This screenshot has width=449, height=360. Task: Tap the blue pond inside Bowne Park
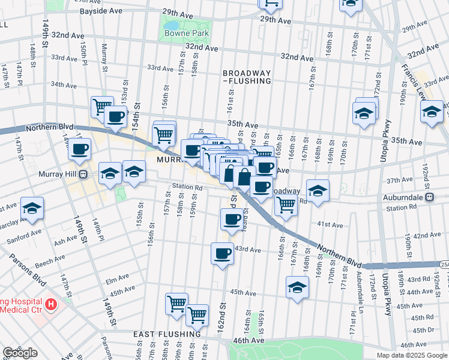tap(172, 26)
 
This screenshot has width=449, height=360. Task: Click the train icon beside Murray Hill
tap(85, 175)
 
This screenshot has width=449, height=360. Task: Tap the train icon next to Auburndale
tap(429, 197)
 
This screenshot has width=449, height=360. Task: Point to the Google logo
tap(20, 353)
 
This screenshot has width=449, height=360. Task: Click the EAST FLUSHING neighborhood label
tap(167, 334)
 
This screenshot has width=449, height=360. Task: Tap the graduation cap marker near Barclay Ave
tap(32, 208)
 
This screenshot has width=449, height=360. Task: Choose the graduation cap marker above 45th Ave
tap(297, 287)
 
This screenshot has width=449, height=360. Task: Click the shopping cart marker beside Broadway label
tap(286, 204)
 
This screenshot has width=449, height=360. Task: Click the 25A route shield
tap(444, 264)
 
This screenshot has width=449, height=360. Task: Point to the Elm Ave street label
tap(118, 280)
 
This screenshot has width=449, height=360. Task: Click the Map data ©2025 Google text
tap(412, 355)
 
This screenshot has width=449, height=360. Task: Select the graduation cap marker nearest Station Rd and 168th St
tap(318, 190)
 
